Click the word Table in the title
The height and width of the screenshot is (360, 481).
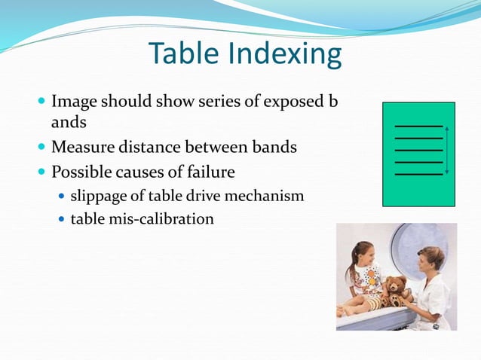click(x=176, y=54)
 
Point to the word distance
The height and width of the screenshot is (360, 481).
click(x=155, y=148)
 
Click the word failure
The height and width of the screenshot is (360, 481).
click(x=208, y=172)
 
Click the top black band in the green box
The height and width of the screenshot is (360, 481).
click(x=418, y=126)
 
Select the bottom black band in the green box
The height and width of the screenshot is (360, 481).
click(x=418, y=174)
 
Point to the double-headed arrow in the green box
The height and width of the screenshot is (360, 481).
click(x=447, y=151)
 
